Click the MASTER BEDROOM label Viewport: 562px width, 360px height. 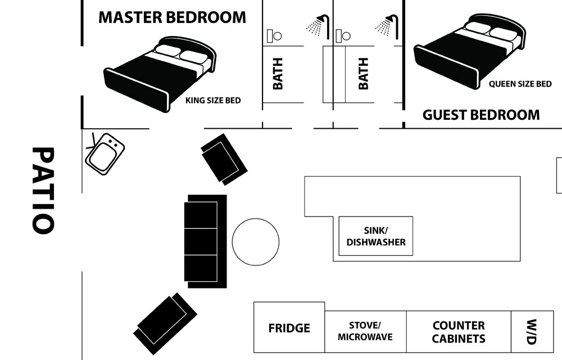click(x=172, y=17)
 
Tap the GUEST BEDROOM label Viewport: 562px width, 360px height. click(x=481, y=115)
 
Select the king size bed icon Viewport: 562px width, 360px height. click(x=160, y=74)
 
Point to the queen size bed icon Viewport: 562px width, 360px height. click(x=469, y=51)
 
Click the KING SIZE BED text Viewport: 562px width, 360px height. click(x=213, y=100)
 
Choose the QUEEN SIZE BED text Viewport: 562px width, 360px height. click(x=520, y=84)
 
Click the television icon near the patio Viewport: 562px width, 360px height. click(x=105, y=154)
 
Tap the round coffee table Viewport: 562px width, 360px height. click(x=256, y=242)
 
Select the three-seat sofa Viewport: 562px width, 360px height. click(x=205, y=241)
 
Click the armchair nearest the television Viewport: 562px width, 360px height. click(x=224, y=159)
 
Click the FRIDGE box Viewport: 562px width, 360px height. click(x=289, y=327)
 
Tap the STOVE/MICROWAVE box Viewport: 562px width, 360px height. click(x=366, y=332)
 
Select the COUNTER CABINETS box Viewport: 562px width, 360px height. click(x=459, y=332)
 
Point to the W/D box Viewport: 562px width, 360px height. click(x=532, y=332)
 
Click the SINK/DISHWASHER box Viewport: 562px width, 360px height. click(x=376, y=236)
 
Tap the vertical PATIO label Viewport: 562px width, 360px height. click(x=43, y=190)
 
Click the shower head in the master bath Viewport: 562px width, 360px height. click(x=318, y=26)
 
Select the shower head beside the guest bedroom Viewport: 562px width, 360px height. click(x=387, y=26)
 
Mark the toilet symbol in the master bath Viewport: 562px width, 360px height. click(x=275, y=36)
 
